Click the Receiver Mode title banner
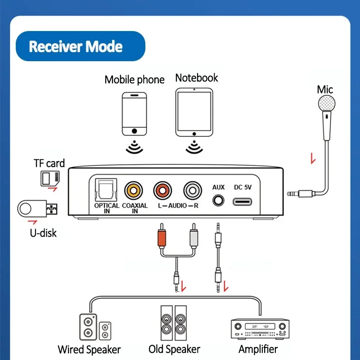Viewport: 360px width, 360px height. pyautogui.click(x=80, y=46)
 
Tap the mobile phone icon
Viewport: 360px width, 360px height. pyautogui.click(x=134, y=114)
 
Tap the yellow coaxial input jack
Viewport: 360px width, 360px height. pyautogui.click(x=134, y=189)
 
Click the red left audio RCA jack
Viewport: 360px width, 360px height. pyautogui.click(x=163, y=189)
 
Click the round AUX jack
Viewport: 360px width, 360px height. pyautogui.click(x=218, y=199)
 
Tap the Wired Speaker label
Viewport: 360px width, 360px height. pyautogui.click(x=89, y=349)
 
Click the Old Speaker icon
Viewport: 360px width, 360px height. pyautogui.click(x=174, y=323)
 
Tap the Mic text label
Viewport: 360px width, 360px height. pyautogui.click(x=325, y=89)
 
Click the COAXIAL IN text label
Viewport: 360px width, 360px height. pyautogui.click(x=134, y=208)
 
